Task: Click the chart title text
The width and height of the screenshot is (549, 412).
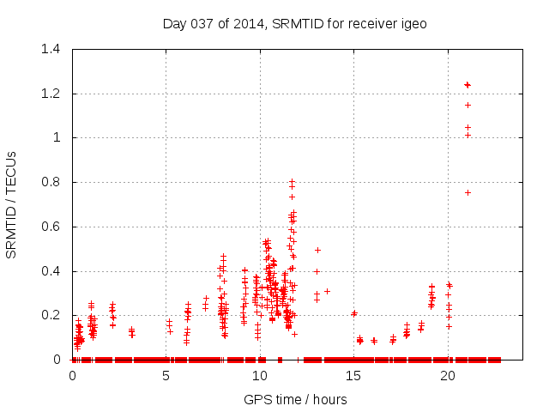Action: pos(294,23)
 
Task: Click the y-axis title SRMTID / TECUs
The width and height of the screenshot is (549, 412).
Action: pos(12,203)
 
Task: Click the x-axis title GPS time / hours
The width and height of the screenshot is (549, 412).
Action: pos(295,399)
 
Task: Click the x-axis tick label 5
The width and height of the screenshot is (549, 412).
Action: pos(166,376)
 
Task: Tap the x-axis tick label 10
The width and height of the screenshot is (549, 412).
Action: pos(260,376)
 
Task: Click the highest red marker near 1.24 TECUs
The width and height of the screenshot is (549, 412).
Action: pos(468,84)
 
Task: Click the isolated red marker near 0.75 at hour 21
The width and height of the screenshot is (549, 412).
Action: pos(468,192)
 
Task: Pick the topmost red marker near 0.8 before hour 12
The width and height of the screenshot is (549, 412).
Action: pos(292,181)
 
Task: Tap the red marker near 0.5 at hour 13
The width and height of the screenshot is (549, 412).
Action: pos(317,250)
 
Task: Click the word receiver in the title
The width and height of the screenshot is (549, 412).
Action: pos(372,23)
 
